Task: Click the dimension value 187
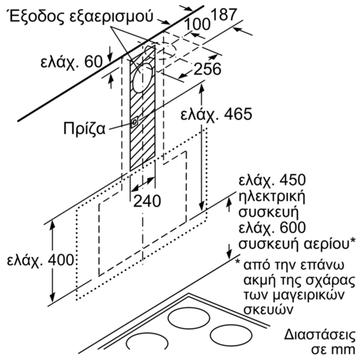(223, 15)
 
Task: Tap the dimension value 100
(198, 24)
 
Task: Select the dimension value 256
(207, 69)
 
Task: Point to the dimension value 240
(147, 201)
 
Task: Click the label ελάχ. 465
(216, 114)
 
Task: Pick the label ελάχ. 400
(40, 260)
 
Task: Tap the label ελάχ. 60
(71, 61)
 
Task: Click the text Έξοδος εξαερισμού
(81, 16)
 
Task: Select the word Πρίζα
(85, 129)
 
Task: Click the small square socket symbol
(134, 122)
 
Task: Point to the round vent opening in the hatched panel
(143, 78)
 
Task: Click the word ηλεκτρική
(272, 198)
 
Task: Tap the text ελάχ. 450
(272, 180)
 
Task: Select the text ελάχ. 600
(272, 227)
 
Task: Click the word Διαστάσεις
(320, 335)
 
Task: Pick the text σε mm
(333, 349)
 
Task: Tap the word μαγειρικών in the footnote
(312, 296)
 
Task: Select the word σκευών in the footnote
(268, 310)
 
